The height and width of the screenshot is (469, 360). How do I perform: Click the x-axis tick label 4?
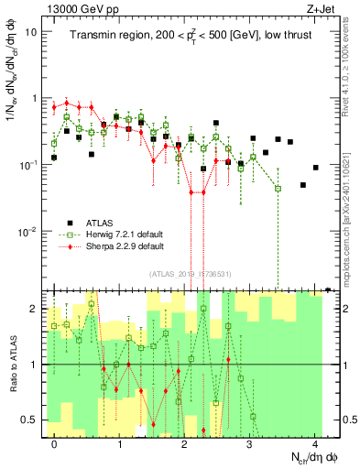[x=315, y=444]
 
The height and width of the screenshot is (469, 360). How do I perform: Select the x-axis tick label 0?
[x=55, y=444]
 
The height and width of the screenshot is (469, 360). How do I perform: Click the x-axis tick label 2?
[x=185, y=444]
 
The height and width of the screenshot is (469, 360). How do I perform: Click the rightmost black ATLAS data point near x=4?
[x=315, y=168]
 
